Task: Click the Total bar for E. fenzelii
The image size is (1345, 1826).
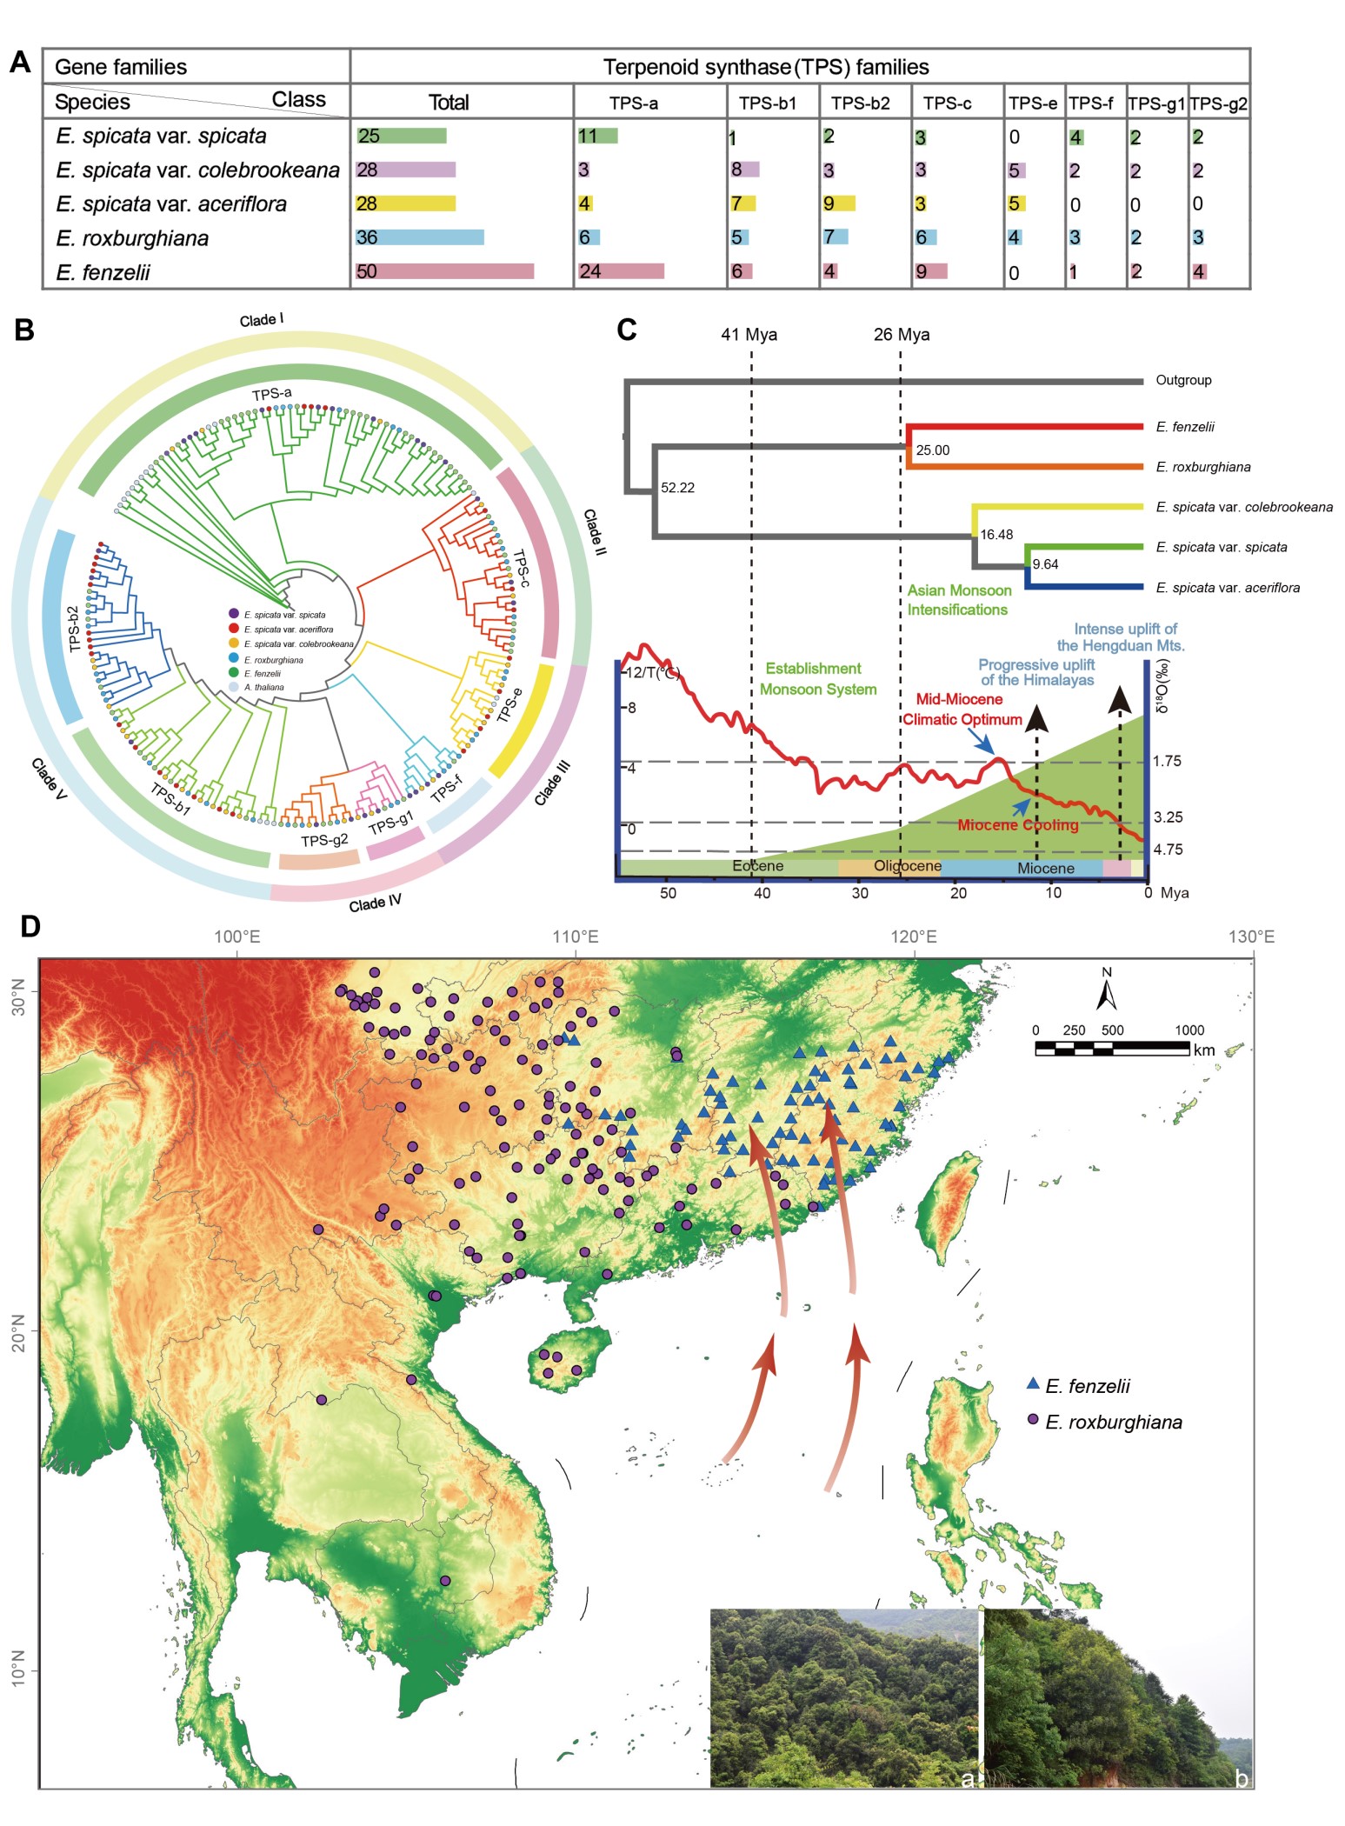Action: [x=444, y=271]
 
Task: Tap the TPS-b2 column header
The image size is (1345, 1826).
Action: [x=861, y=103]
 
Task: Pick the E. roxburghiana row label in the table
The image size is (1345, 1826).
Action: [x=132, y=238]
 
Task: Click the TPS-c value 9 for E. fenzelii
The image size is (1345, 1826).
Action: [x=922, y=271]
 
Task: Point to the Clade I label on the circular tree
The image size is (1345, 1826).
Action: [x=262, y=320]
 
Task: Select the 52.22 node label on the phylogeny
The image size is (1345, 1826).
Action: [x=677, y=488]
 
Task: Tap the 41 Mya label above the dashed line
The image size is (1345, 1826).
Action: [x=749, y=335]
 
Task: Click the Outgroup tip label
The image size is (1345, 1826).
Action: [x=1183, y=380]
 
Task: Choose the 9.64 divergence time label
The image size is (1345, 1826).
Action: [x=1045, y=564]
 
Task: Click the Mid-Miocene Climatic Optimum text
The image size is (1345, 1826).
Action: [x=961, y=710]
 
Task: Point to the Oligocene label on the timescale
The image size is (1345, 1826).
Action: [x=907, y=866]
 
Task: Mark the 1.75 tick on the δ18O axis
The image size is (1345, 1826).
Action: [x=1167, y=761]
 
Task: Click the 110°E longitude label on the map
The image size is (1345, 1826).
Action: [x=575, y=936]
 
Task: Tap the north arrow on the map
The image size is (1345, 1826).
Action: [x=1106, y=991]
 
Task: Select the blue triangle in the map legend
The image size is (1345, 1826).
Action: [x=1033, y=1383]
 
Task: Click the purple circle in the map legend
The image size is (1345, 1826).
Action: [x=1033, y=1419]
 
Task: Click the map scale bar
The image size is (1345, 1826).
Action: [x=1112, y=1047]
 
